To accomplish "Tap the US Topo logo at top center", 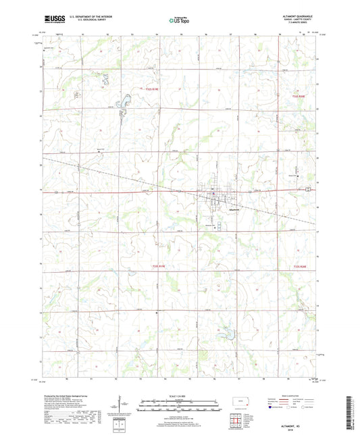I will click(x=178, y=21).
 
